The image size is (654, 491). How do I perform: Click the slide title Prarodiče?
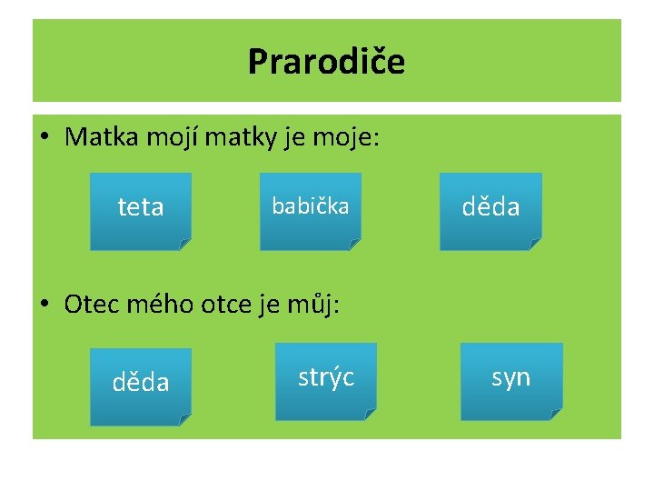[326, 63]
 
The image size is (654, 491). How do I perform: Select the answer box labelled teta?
[141, 208]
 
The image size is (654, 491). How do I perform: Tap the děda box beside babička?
[490, 208]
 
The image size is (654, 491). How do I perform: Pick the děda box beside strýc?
[141, 383]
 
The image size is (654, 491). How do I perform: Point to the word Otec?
[90, 304]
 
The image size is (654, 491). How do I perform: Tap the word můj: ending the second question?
[310, 304]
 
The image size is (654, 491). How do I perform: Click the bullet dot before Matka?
[45, 139]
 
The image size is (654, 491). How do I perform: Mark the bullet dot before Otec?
[45, 305]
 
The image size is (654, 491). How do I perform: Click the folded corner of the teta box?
[185, 244]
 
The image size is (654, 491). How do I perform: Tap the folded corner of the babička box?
[355, 244]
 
